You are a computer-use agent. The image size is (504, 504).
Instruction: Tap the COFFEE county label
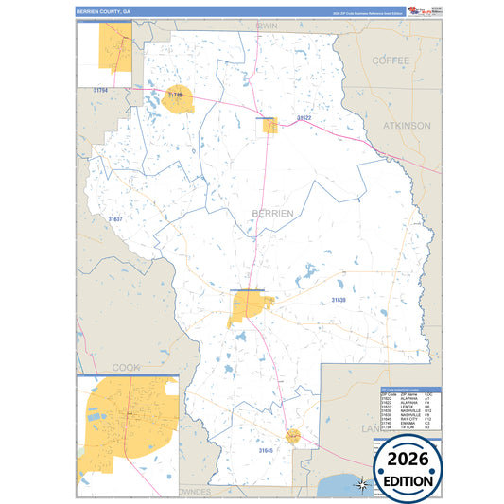[391, 60]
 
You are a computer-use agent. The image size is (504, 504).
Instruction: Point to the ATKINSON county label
[407, 125]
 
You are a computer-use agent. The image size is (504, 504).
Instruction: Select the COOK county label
[126, 366]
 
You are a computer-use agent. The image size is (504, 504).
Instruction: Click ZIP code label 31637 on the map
[114, 219]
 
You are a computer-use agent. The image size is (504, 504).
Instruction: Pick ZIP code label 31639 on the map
[339, 300]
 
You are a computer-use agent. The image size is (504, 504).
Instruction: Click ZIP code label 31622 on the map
[304, 118]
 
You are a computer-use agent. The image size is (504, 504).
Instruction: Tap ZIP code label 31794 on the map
[100, 90]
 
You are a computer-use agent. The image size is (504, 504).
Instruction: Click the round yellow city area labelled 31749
[178, 98]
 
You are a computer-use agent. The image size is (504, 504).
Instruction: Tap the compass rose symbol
[360, 485]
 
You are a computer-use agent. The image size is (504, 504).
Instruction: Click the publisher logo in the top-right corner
[422, 10]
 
